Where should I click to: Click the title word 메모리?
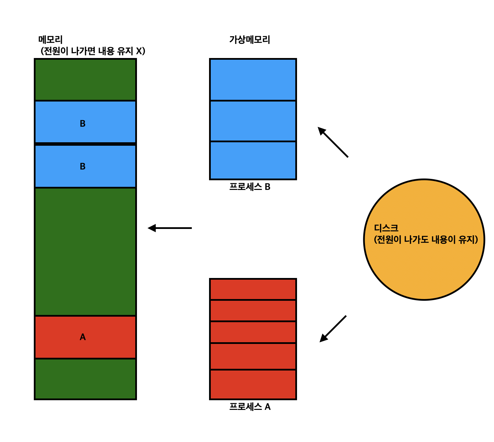click(50, 40)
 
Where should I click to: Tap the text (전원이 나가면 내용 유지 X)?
click(93, 51)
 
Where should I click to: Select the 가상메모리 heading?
click(249, 40)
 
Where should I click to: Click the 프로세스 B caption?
click(250, 187)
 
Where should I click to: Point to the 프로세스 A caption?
click(250, 407)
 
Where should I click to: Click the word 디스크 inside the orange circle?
click(386, 228)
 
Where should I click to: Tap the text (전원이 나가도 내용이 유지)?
click(426, 240)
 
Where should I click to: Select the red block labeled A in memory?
click(85, 337)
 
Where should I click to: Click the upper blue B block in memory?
click(85, 122)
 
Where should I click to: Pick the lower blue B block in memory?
click(85, 166)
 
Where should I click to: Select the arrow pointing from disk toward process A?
click(333, 329)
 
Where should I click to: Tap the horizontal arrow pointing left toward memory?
click(170, 228)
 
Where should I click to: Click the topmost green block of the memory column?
click(85, 80)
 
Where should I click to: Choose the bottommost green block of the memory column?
click(85, 379)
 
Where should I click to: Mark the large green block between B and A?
click(85, 251)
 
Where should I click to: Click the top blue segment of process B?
click(253, 80)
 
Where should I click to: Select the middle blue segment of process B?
click(253, 121)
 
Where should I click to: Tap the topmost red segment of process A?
click(253, 289)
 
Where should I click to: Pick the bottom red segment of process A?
click(253, 384)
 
